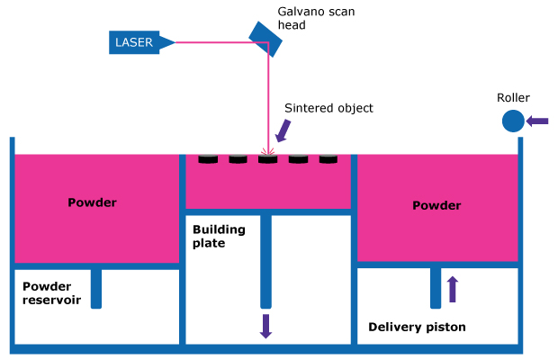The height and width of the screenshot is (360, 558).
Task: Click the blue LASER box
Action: pyautogui.click(x=133, y=41)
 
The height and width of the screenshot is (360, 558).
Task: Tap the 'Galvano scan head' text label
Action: pyautogui.click(x=305, y=18)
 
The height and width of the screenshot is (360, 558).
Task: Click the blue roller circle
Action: pyautogui.click(x=513, y=121)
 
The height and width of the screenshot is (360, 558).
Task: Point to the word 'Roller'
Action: pyautogui.click(x=513, y=97)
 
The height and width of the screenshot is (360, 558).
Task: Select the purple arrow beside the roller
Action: pyautogui.click(x=537, y=121)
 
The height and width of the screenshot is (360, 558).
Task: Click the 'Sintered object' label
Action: pyautogui.click(x=328, y=108)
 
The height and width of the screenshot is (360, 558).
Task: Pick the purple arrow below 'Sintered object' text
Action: pyautogui.click(x=283, y=131)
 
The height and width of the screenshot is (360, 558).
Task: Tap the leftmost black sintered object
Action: pyautogui.click(x=208, y=159)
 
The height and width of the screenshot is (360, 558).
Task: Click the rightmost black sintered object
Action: pyautogui.click(x=328, y=159)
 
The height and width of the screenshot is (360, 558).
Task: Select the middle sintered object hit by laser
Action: pyautogui.click(x=268, y=159)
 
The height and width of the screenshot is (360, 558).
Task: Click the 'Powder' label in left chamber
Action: pyautogui.click(x=92, y=202)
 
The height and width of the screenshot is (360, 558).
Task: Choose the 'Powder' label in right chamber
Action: pyautogui.click(x=436, y=205)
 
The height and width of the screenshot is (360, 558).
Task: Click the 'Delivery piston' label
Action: pyautogui.click(x=417, y=327)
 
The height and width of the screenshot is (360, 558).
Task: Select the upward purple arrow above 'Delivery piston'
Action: pyautogui.click(x=453, y=288)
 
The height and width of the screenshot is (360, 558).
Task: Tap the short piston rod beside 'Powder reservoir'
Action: pyautogui.click(x=96, y=288)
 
